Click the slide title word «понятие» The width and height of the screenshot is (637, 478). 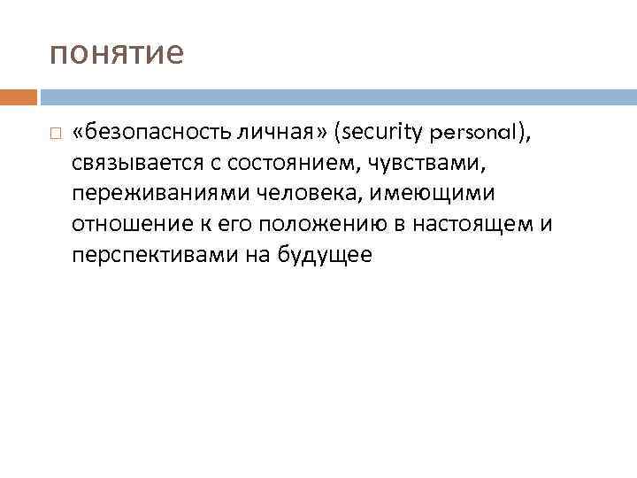[117, 54]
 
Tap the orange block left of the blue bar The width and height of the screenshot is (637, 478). [19, 96]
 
